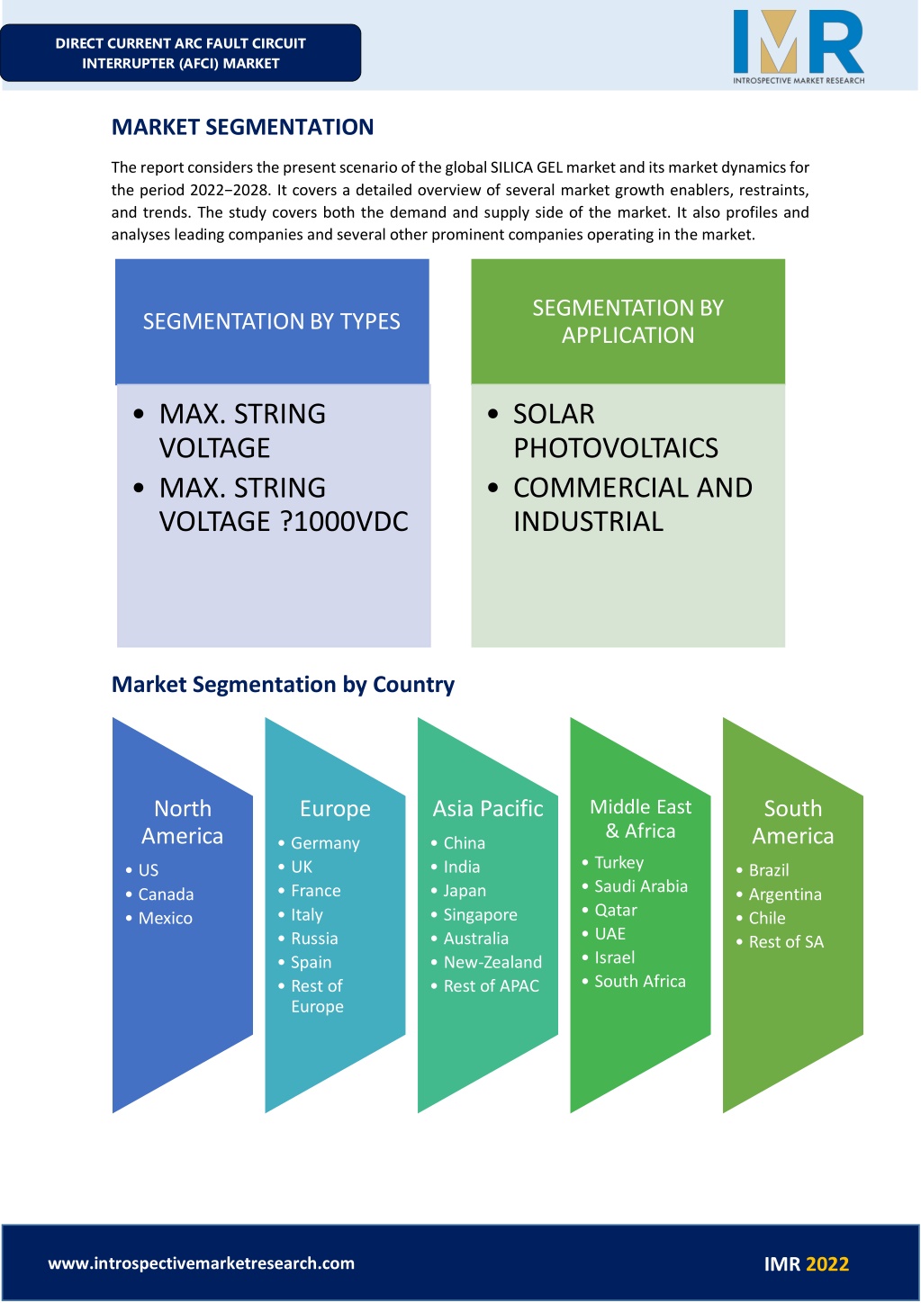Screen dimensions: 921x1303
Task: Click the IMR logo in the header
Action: (799, 47)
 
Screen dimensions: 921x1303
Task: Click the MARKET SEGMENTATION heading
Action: (242, 127)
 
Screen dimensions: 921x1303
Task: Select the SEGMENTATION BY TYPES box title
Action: (272, 321)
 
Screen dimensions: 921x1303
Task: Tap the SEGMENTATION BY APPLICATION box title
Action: (628, 321)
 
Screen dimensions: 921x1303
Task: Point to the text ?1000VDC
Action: (345, 521)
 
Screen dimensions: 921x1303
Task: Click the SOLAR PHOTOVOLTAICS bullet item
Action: (616, 431)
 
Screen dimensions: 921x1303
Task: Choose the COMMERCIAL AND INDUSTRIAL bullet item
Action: (632, 504)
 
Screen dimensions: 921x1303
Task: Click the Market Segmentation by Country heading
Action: (283, 685)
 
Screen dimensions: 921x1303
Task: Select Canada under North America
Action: (166, 894)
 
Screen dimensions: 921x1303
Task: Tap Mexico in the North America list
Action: (166, 918)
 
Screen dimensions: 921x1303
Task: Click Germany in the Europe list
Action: (325, 843)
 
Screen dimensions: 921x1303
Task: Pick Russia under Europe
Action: (314, 939)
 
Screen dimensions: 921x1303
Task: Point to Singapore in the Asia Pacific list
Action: (480, 915)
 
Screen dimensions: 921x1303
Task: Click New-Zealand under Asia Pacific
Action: (492, 962)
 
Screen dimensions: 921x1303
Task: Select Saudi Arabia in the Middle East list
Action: (641, 886)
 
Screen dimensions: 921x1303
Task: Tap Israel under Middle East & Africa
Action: (614, 957)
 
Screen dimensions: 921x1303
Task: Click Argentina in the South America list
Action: (785, 894)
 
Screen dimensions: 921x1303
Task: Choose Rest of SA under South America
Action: (786, 942)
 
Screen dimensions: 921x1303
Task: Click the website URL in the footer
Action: (202, 1263)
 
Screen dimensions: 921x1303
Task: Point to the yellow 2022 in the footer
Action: (827, 1264)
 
